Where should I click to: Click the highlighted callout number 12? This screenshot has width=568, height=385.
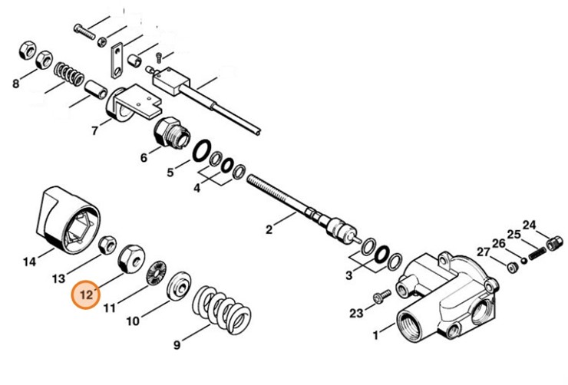[x=85, y=294]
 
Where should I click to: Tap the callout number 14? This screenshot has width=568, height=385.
[x=28, y=262]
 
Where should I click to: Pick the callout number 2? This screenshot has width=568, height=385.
[x=269, y=229]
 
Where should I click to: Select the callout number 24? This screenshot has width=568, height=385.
[x=529, y=225]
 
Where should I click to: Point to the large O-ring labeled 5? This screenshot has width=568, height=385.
[x=203, y=150]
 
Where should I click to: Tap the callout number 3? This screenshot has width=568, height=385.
[x=349, y=275]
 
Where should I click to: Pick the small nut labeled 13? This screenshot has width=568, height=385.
[x=108, y=245]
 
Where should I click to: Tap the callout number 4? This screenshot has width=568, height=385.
[x=196, y=188]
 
